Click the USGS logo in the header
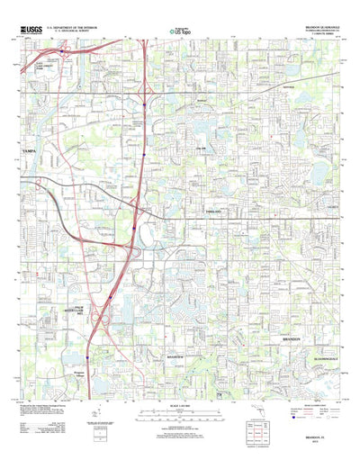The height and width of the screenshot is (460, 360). click(28, 30)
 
